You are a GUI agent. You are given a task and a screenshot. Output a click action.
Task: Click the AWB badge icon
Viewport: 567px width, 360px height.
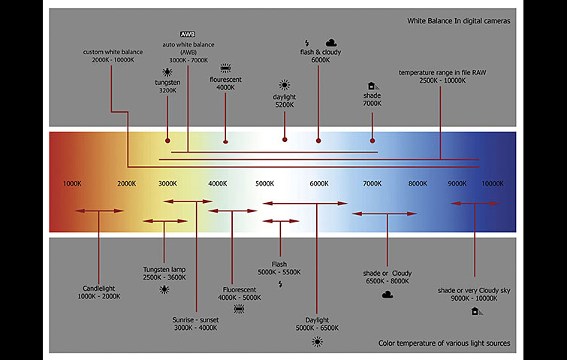click(x=188, y=35)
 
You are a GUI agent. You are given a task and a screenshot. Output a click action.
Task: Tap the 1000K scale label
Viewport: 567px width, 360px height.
click(x=72, y=183)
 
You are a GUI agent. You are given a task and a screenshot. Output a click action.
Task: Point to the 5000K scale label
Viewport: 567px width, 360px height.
click(x=265, y=183)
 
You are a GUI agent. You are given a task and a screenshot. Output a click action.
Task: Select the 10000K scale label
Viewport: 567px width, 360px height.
click(x=493, y=183)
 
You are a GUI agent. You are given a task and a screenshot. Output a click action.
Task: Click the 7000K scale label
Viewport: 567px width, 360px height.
click(x=372, y=183)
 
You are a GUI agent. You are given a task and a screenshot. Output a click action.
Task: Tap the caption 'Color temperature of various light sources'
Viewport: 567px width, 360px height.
click(x=445, y=343)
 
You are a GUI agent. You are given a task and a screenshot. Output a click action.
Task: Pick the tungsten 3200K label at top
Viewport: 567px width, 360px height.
click(x=167, y=86)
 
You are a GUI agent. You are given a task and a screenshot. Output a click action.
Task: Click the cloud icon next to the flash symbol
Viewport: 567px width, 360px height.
click(x=331, y=43)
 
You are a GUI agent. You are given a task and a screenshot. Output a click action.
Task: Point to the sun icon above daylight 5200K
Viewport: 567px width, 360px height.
click(x=284, y=85)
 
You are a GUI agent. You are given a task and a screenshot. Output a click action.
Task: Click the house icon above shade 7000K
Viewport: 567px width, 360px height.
click(x=371, y=86)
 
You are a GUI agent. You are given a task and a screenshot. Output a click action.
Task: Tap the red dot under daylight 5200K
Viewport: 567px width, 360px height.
click(x=284, y=139)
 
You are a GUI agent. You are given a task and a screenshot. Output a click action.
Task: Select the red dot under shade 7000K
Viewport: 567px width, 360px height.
click(x=372, y=139)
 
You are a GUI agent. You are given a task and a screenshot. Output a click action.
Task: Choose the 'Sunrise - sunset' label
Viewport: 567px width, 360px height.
click(x=196, y=323)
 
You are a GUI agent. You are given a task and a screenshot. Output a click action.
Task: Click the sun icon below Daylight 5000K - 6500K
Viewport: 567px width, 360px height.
click(x=318, y=342)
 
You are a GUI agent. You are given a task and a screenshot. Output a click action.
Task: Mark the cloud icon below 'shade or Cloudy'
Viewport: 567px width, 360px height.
click(x=388, y=295)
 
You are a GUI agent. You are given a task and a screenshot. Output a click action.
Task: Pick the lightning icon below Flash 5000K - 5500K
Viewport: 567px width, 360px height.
click(x=280, y=284)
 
